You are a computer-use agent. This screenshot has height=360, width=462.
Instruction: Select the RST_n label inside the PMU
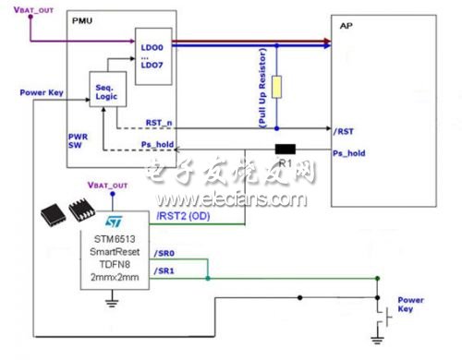(x=159, y=122)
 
